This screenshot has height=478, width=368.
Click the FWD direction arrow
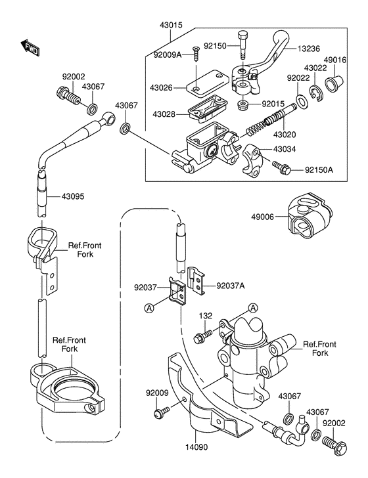30,48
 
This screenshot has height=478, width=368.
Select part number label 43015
171,25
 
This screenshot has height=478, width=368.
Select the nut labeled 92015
242,106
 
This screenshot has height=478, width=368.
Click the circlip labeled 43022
316,94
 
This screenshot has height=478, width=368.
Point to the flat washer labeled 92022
302,101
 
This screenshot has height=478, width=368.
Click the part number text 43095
73,196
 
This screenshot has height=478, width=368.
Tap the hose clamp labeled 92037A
196,281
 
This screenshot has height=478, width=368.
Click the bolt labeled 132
203,336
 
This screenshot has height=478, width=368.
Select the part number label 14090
196,447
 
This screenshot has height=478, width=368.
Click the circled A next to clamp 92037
149,309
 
